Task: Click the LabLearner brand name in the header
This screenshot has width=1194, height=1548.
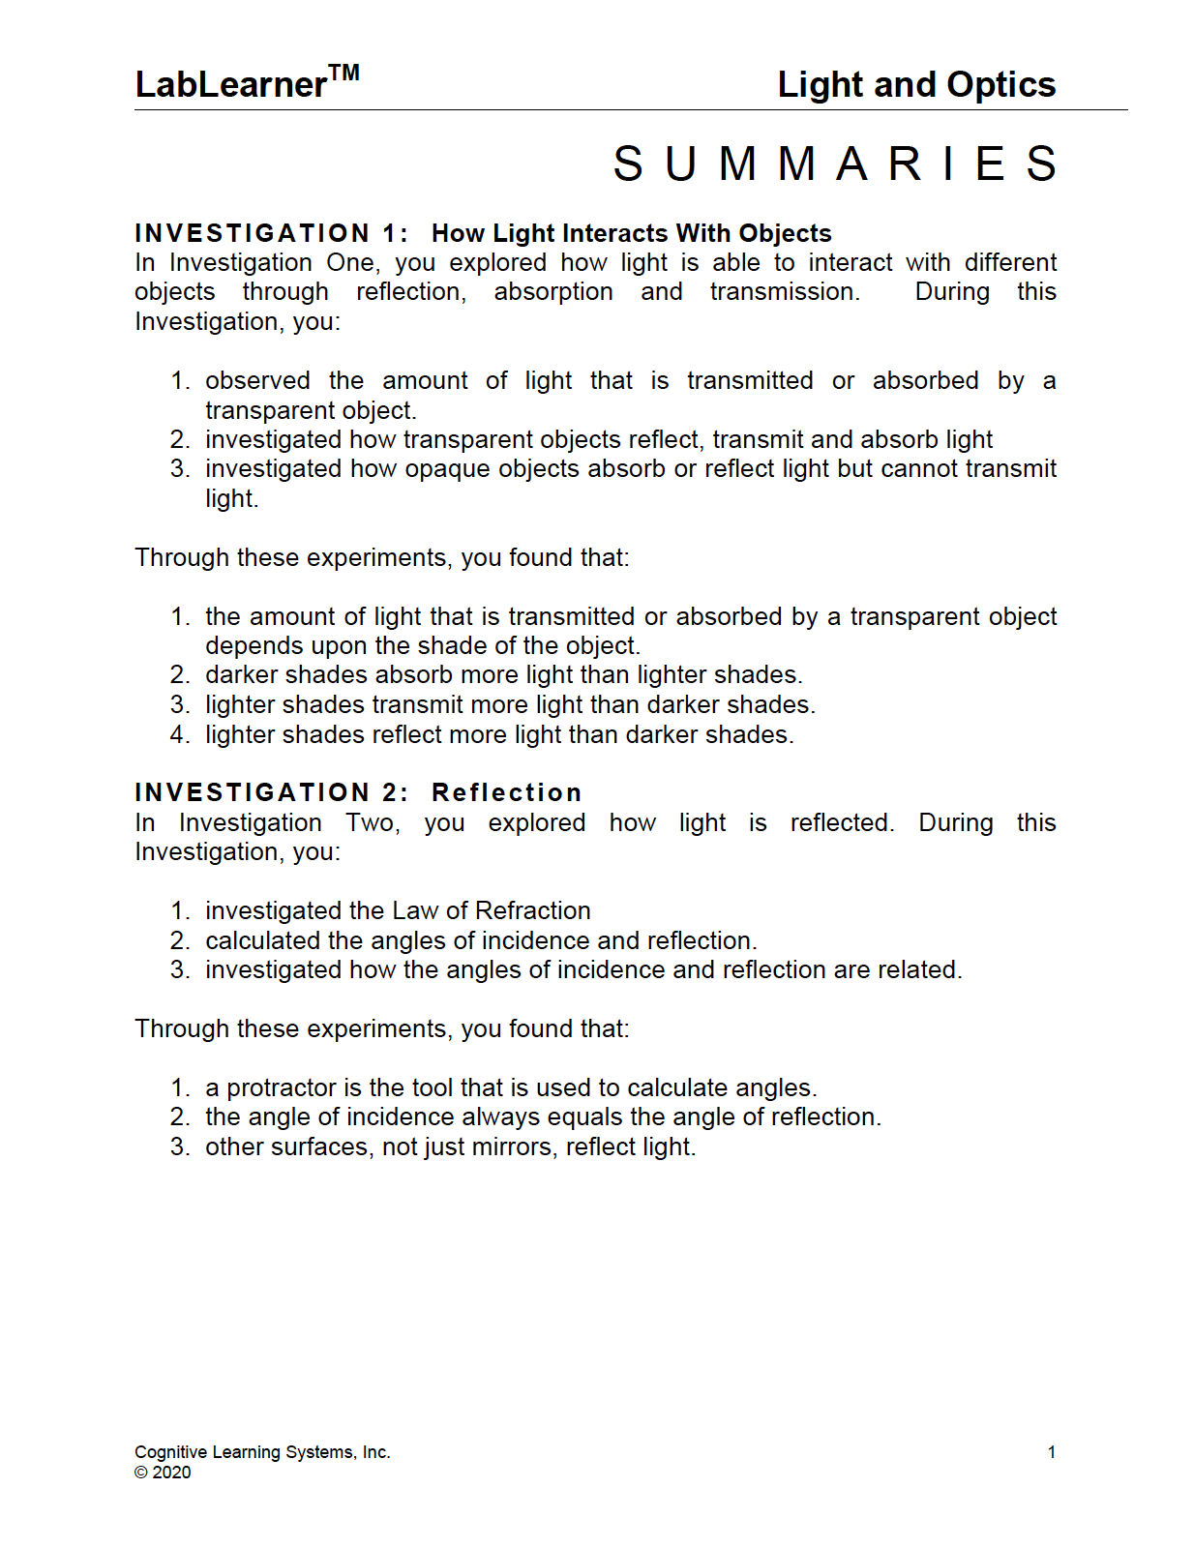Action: click(230, 85)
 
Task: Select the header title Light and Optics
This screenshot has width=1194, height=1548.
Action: click(915, 85)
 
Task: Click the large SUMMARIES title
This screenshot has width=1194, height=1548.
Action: click(835, 164)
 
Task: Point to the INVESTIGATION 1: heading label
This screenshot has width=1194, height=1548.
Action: click(271, 233)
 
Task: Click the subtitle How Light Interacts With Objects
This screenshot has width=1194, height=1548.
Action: click(631, 233)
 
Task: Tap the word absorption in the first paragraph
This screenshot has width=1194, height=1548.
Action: click(552, 292)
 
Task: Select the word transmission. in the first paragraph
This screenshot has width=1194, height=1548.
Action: click(784, 292)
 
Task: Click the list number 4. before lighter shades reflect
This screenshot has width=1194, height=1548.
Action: click(179, 735)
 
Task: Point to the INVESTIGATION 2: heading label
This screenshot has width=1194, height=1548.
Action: click(271, 793)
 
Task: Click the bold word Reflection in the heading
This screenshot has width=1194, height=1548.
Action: click(506, 793)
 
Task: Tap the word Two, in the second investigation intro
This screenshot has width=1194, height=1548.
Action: click(373, 823)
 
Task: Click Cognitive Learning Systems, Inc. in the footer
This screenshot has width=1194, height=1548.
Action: click(262, 1452)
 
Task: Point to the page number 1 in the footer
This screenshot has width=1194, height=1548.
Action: click(1051, 1452)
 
